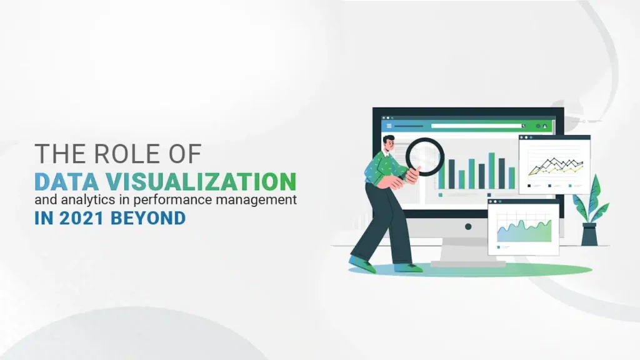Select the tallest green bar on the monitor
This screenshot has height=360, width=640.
point(491,171)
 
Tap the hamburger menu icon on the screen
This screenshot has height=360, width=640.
point(389,126)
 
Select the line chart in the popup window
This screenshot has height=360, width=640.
point(555,166)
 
